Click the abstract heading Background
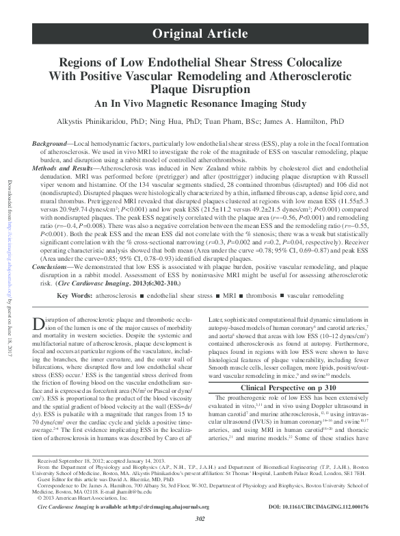[x=50, y=143]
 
